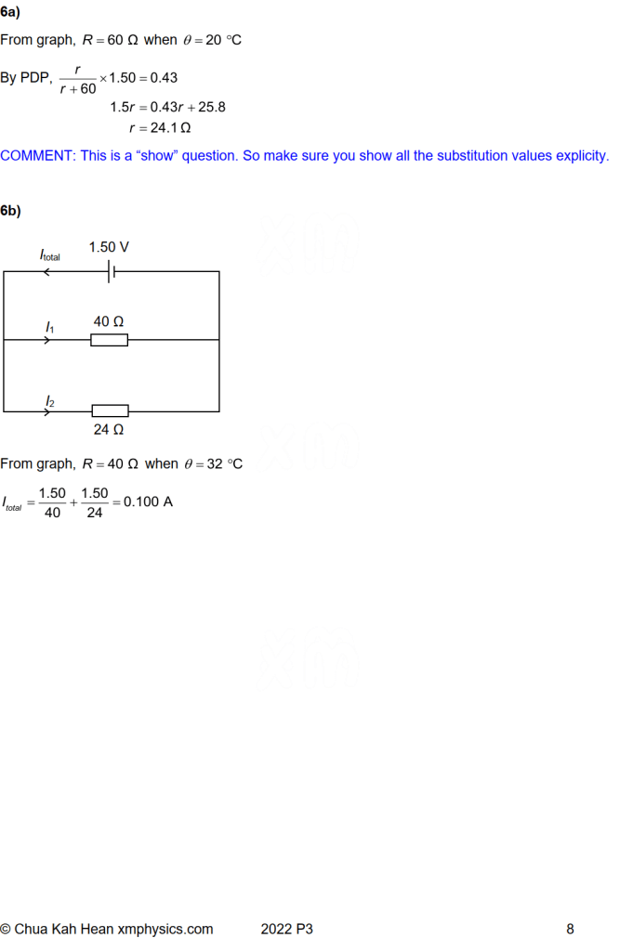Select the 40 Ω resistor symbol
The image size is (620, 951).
pos(109,340)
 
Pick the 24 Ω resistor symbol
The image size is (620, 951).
pos(110,410)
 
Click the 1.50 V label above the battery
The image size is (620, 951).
pos(109,247)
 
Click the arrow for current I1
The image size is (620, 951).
pos(48,340)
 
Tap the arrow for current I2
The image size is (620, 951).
pos(48,410)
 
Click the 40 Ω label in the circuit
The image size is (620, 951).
pos(109,321)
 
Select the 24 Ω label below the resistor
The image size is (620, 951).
pos(109,430)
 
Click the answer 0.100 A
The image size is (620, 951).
pos(149,502)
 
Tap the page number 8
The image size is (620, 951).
pos(570,929)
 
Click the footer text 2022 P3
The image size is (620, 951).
pos(287,929)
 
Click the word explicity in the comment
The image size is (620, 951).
pos(580,156)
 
